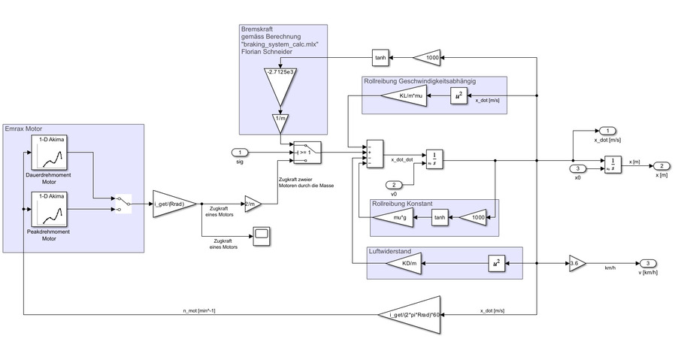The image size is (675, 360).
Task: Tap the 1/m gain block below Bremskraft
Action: tap(280, 123)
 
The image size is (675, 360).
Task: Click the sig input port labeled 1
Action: tap(241, 153)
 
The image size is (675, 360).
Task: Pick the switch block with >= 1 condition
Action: tap(307, 152)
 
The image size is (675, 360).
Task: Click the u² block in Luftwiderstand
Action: tap(495, 264)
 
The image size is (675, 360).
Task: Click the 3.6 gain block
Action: tap(574, 264)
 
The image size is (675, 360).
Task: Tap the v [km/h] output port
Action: tap(647, 263)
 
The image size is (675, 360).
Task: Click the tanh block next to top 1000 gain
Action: tap(380, 57)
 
